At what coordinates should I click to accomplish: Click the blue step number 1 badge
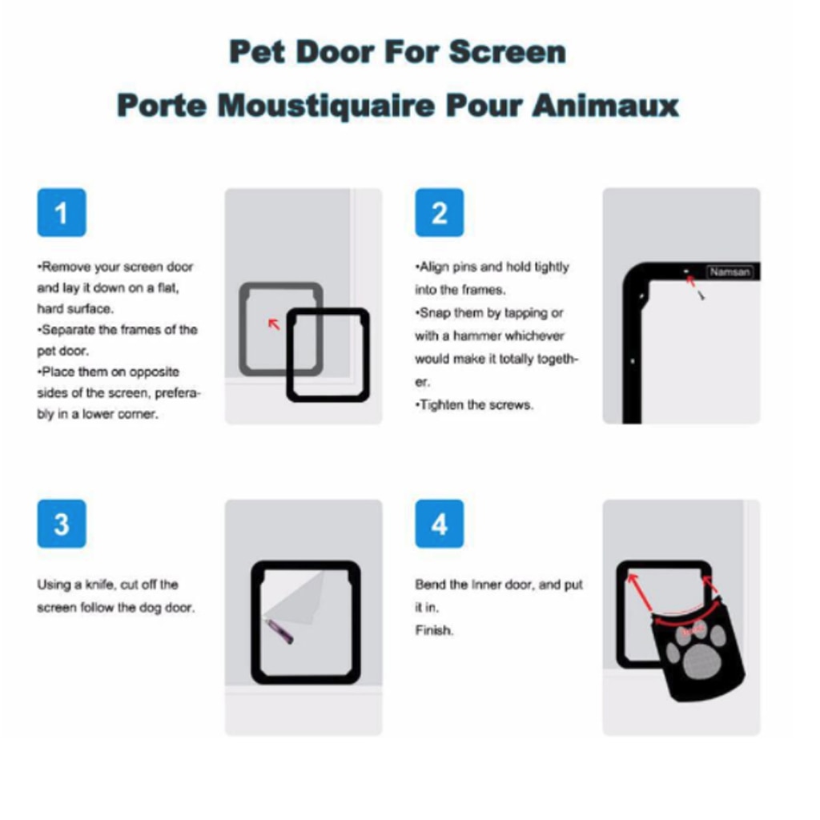tap(61, 212)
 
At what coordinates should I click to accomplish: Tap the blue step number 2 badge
tap(440, 212)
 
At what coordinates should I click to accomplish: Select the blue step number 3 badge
tap(61, 524)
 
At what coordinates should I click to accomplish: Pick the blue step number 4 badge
tap(440, 524)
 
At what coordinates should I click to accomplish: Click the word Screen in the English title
tap(507, 52)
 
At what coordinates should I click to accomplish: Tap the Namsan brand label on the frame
tap(730, 272)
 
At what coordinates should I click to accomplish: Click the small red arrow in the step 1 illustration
tap(274, 324)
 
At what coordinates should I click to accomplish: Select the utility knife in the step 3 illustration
tap(279, 631)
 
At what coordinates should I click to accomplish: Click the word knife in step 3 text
tap(100, 584)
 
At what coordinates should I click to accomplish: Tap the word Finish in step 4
tap(434, 630)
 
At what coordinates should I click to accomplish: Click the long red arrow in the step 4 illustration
tap(640, 593)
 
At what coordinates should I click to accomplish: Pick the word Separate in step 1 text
tap(68, 329)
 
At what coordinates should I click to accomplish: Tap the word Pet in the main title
tap(257, 52)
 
